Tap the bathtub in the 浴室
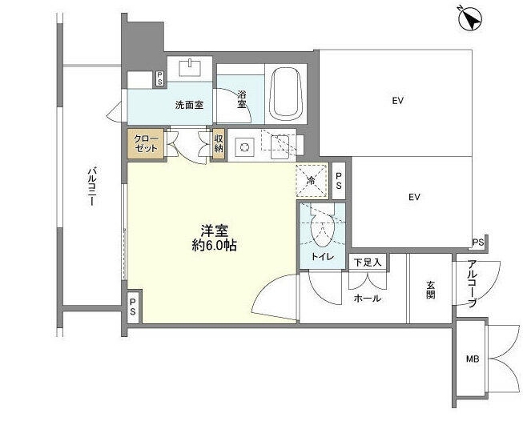pos(287,94)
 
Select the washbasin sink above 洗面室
pos(190,68)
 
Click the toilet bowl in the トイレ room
pos(322,230)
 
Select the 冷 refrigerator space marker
pos(312,181)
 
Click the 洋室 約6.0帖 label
pos(215,238)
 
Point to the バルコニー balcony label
pos(92,187)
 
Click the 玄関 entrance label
pos(431,290)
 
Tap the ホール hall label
pos(368,299)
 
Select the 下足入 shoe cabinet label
pos(368,263)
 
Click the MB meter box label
pos(473,359)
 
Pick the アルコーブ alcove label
pos(472,284)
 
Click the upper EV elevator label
pos(398,100)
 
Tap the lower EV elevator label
pos(414,197)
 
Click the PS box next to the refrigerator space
pos(339,181)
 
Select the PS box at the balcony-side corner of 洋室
pos(133,307)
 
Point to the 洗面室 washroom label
pos(189,106)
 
